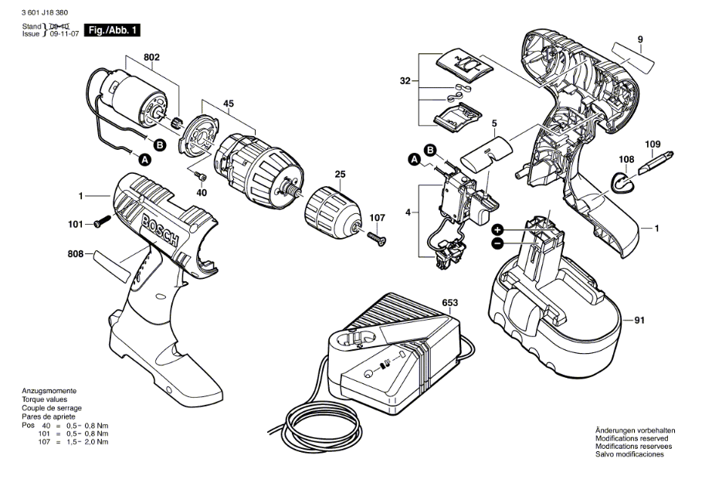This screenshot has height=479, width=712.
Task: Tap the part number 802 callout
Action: pyautogui.click(x=151, y=56)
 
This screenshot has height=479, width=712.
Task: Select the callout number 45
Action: pyautogui.click(x=229, y=103)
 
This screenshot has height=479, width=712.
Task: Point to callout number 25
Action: pyautogui.click(x=339, y=175)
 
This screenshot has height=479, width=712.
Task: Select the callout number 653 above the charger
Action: pyautogui.click(x=450, y=302)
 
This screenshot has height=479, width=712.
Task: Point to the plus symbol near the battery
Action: pyautogui.click(x=498, y=229)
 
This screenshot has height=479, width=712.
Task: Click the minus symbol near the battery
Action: pyautogui.click(x=498, y=243)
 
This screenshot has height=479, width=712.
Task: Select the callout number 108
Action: pyautogui.click(x=626, y=160)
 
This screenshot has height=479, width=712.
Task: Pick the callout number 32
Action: pyautogui.click(x=405, y=80)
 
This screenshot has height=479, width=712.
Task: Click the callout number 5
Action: pyautogui.click(x=494, y=123)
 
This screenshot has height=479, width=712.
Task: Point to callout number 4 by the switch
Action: pyautogui.click(x=409, y=210)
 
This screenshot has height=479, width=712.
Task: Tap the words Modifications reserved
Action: pyautogui.click(x=629, y=439)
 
